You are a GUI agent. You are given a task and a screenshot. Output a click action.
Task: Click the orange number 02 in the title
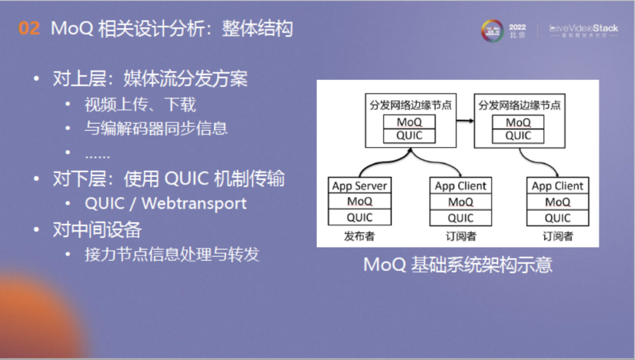[29, 28]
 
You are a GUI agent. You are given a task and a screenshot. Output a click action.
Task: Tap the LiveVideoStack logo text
[583, 28]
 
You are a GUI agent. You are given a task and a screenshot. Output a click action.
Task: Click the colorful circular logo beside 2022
[492, 31]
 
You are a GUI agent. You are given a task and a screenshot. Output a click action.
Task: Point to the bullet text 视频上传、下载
[140, 105]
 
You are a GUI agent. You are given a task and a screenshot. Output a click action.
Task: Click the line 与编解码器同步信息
[156, 128]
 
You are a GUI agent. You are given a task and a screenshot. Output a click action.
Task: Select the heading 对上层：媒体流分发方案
[150, 79]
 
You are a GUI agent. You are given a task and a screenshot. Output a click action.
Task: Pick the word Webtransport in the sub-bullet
[194, 204]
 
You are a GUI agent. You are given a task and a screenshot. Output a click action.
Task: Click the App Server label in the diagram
[359, 186]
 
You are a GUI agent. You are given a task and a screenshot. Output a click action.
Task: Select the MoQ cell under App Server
[359, 202]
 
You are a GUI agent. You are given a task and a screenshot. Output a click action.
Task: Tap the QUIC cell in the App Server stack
[359, 218]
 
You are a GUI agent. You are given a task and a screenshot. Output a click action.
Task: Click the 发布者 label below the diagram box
[359, 236]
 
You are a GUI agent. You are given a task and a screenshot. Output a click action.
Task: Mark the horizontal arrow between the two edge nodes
[464, 121]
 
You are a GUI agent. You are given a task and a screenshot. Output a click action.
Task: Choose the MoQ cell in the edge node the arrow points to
[518, 122]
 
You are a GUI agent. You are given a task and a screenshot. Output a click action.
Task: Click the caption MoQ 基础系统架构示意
[458, 264]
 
